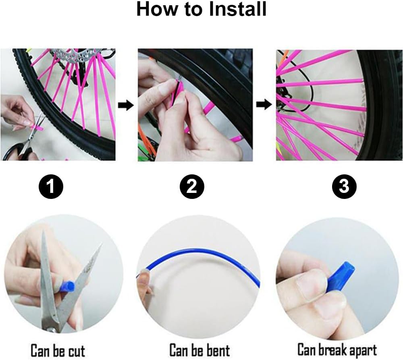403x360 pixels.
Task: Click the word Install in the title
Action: pyautogui.click(x=237, y=9)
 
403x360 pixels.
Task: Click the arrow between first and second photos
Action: pyautogui.click(x=126, y=105)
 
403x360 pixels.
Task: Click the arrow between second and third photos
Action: pyautogui.click(x=264, y=105)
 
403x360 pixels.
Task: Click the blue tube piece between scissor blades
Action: pyautogui.click(x=67, y=286)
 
